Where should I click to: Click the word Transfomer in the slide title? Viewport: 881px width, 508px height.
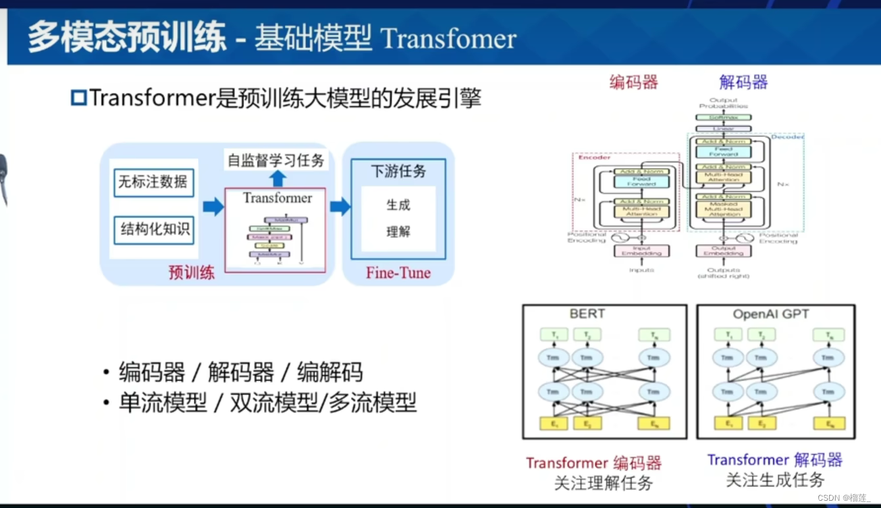(448, 38)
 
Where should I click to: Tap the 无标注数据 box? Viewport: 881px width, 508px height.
(153, 182)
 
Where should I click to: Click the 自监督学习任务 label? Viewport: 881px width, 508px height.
(276, 160)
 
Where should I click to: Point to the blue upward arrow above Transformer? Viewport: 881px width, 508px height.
(278, 178)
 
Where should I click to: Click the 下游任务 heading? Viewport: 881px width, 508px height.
(398, 171)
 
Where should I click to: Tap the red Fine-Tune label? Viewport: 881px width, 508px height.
(398, 273)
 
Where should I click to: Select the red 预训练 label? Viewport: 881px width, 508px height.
(192, 273)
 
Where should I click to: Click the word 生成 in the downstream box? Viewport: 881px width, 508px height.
(398, 205)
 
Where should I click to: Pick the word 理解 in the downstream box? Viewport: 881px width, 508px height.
(398, 232)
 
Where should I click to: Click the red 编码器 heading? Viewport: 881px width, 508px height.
(633, 82)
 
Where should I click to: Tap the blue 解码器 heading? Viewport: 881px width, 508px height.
(743, 82)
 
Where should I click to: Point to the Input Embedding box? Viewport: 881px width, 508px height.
(641, 251)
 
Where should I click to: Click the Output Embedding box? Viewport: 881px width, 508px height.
(722, 251)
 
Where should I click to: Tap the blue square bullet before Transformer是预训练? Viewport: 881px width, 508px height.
(78, 99)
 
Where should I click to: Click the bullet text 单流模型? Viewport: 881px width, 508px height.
(163, 402)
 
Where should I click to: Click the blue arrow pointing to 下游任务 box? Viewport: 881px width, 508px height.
(340, 207)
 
